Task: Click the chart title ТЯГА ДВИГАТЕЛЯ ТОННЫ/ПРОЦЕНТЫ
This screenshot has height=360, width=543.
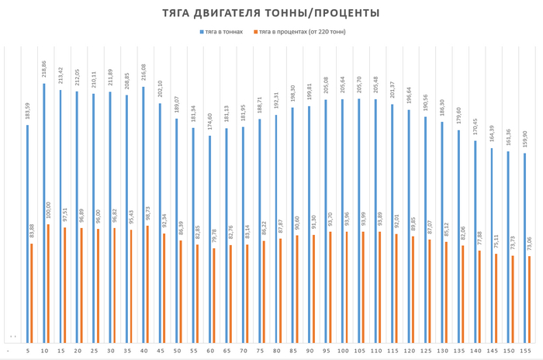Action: click(271, 13)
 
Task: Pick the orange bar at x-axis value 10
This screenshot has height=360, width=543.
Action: click(48, 283)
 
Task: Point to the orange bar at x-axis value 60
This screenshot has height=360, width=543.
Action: click(214, 296)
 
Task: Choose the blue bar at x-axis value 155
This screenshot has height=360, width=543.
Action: click(525, 248)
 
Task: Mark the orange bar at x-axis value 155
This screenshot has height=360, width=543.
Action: click(530, 299)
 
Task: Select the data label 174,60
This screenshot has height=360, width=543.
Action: click(210, 122)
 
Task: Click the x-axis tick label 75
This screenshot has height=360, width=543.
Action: click(260, 351)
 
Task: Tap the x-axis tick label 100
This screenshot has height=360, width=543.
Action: click(343, 351)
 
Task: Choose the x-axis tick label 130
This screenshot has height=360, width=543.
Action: click(442, 351)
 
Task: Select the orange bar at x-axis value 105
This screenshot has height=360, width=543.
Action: click(363, 287)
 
